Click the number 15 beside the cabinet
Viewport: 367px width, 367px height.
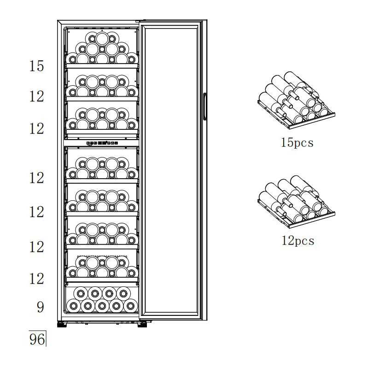click(x=36, y=66)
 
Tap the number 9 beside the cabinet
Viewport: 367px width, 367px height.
click(x=40, y=307)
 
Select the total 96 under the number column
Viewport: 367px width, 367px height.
click(x=37, y=340)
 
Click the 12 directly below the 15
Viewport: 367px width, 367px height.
click(x=36, y=97)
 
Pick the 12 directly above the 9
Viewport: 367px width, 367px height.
click(x=36, y=279)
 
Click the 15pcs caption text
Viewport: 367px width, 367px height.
click(x=297, y=142)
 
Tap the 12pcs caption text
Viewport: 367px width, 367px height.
click(x=297, y=240)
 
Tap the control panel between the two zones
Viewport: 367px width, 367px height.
click(x=102, y=143)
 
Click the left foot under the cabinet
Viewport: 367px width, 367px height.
click(x=61, y=325)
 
